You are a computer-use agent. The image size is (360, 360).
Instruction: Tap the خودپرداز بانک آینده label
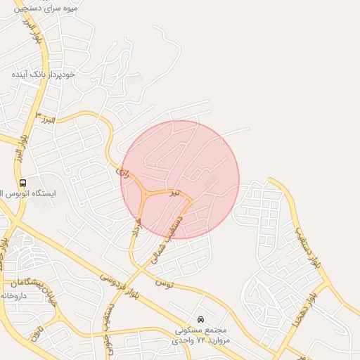pos(48,73)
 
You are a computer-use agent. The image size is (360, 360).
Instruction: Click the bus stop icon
pos(23,183)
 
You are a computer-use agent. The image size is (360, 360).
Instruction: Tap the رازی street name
pos(120,169)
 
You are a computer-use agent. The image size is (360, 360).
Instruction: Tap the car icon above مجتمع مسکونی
pos(201,319)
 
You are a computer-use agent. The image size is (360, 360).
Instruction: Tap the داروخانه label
pos(15,295)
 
